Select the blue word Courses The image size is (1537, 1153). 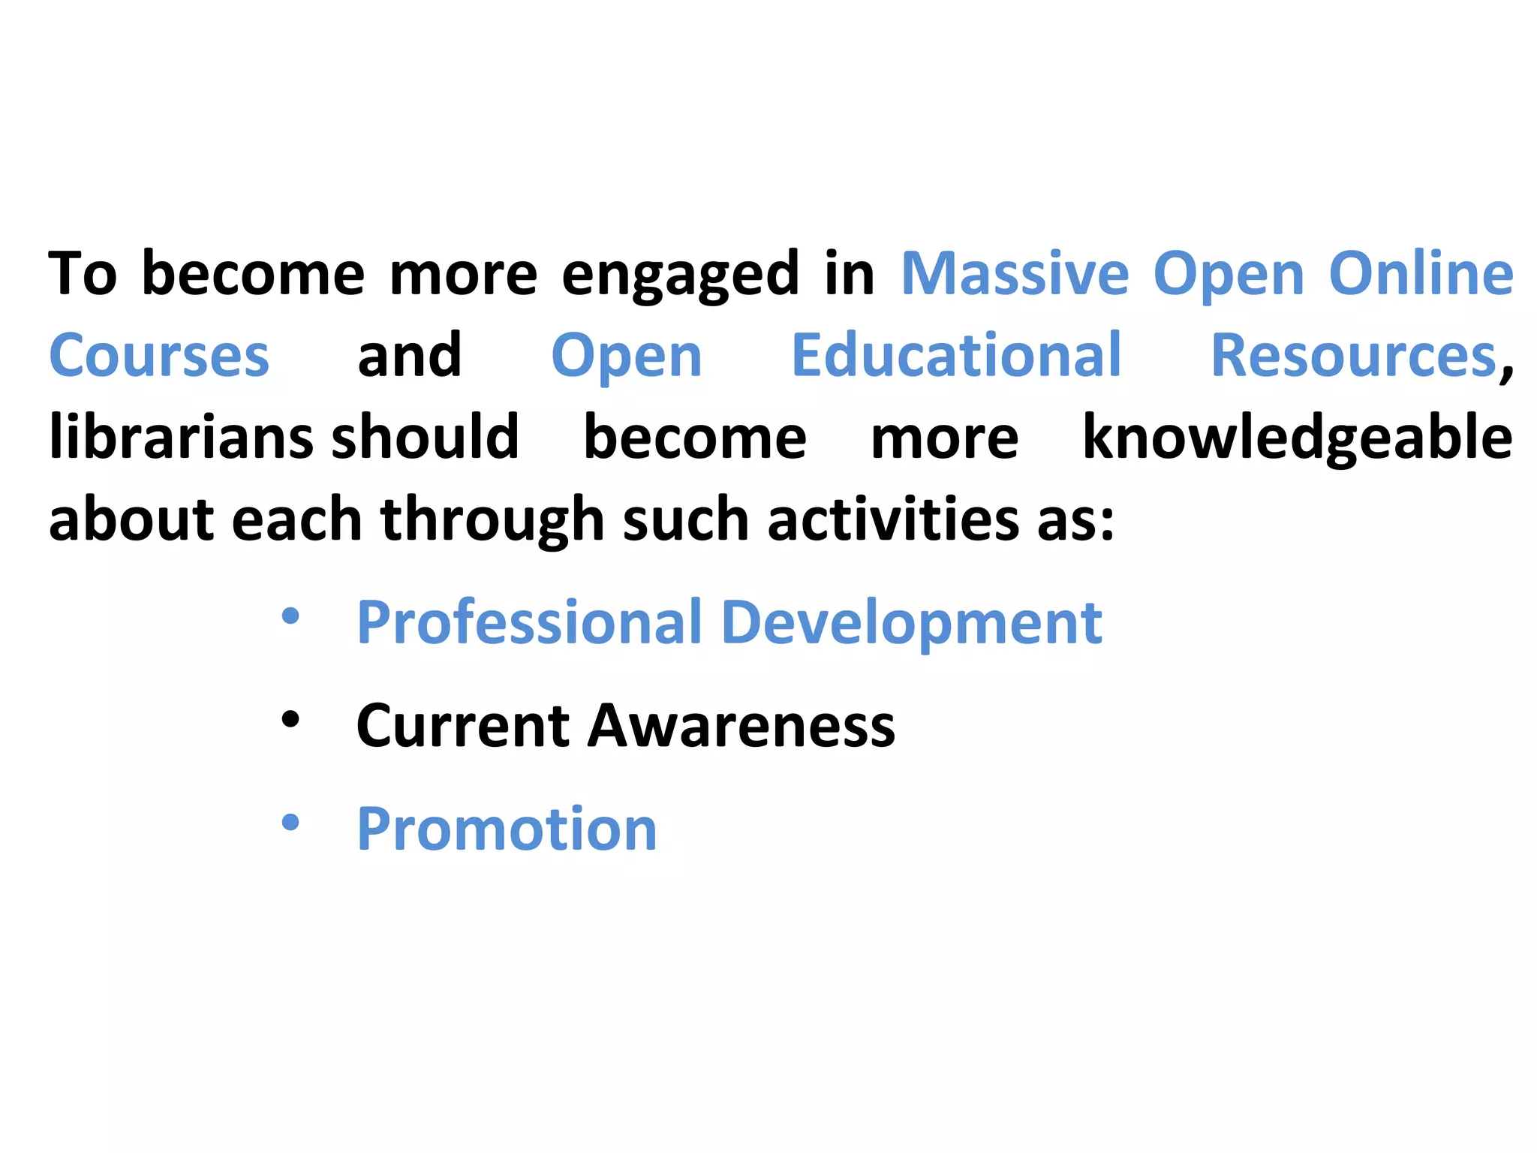159,356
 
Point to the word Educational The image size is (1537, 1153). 956,356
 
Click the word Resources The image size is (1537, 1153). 1354,356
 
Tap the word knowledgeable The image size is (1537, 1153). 1297,437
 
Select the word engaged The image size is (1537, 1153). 681,275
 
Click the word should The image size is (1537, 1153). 425,437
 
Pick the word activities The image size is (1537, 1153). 893,519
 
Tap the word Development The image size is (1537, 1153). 911,623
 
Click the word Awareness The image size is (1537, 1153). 741,726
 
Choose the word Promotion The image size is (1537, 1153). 507,829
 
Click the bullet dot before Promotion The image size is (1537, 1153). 290,823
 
